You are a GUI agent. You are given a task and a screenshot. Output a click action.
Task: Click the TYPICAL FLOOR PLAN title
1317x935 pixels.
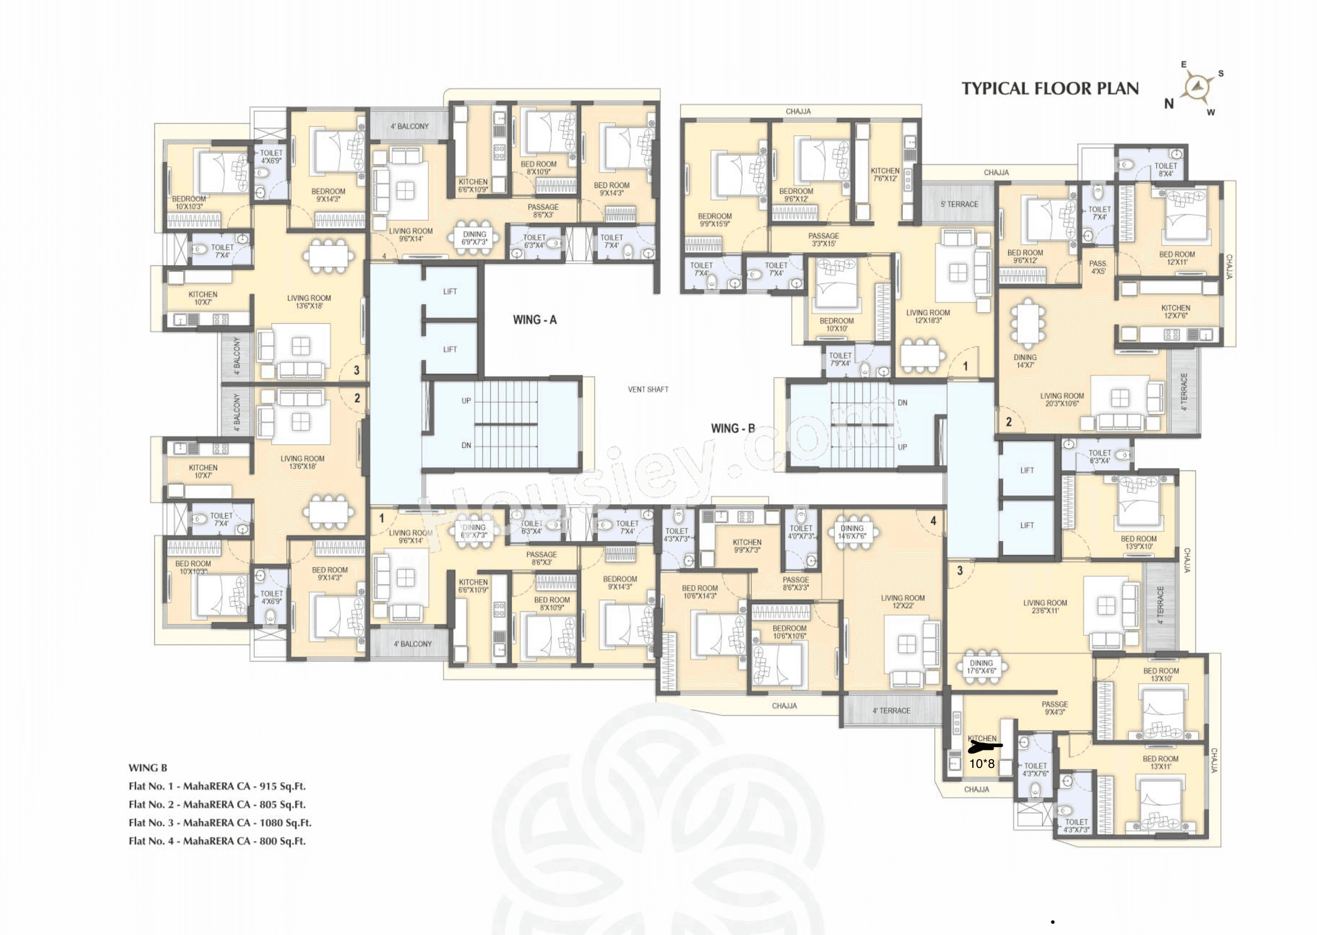pyautogui.click(x=1050, y=89)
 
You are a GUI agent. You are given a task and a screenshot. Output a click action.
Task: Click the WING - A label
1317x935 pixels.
pyautogui.click(x=535, y=320)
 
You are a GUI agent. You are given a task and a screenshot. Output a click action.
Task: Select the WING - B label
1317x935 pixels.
pyautogui.click(x=732, y=428)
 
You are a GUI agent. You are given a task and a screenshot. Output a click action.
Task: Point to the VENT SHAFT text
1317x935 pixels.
pyautogui.click(x=648, y=390)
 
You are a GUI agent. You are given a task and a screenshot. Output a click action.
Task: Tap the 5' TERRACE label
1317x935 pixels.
pyautogui.click(x=959, y=205)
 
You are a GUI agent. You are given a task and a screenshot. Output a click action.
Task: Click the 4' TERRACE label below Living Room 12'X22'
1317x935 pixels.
pyautogui.click(x=891, y=711)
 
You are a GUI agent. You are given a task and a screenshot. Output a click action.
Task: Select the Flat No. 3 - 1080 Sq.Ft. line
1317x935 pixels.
pyautogui.click(x=219, y=823)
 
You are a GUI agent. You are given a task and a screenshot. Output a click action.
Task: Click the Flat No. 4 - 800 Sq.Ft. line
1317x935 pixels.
pyautogui.click(x=217, y=841)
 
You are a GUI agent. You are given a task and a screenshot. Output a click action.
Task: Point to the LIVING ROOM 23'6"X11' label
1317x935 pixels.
pyautogui.click(x=1045, y=607)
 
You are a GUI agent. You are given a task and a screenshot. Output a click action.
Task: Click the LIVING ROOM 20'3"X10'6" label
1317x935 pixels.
pyautogui.click(x=1062, y=399)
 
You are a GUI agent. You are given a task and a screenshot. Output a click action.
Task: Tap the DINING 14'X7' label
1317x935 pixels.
pyautogui.click(x=1025, y=361)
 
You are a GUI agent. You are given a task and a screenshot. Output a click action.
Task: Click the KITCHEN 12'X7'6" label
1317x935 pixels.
pyautogui.click(x=1175, y=312)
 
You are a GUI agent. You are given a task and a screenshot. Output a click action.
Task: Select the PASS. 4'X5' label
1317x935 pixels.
pyautogui.click(x=1098, y=267)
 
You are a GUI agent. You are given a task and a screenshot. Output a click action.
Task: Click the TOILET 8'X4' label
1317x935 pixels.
pyautogui.click(x=1165, y=169)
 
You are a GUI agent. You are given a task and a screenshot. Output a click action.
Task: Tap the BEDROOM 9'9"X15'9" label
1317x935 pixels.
pyautogui.click(x=714, y=220)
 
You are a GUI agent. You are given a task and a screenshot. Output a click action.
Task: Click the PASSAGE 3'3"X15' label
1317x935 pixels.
pyautogui.click(x=823, y=240)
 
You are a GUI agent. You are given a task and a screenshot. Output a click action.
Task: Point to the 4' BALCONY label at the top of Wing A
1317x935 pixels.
pyautogui.click(x=409, y=126)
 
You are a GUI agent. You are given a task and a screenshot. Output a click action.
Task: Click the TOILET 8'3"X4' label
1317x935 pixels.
pyautogui.click(x=1099, y=457)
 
